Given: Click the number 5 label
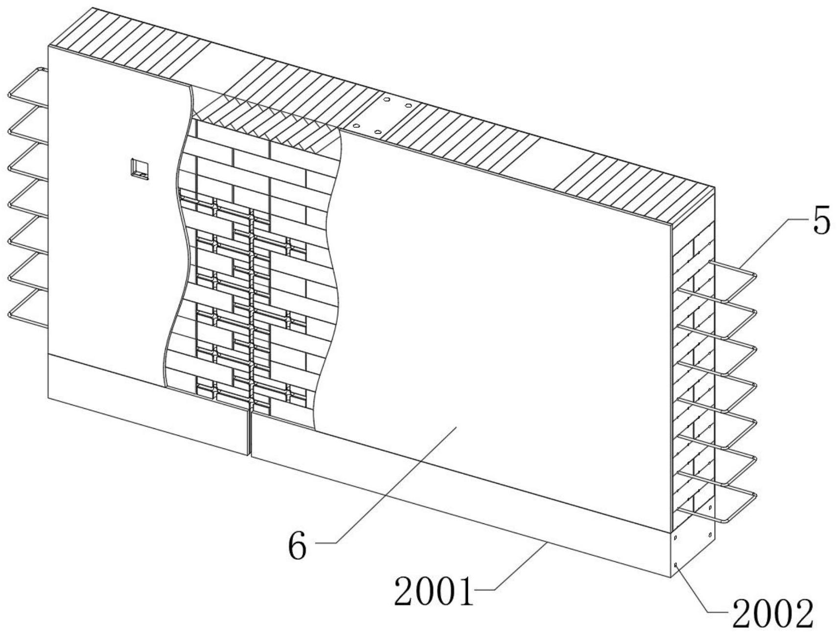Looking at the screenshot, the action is [x=821, y=222].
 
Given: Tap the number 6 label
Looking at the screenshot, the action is [x=298, y=546].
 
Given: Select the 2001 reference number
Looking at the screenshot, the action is [x=434, y=591].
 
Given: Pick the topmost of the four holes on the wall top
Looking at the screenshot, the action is [x=387, y=99].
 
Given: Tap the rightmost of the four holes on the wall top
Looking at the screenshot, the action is [x=408, y=105].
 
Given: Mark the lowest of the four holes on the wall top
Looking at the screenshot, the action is [x=377, y=132].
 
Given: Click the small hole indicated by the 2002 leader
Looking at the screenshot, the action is [x=676, y=565].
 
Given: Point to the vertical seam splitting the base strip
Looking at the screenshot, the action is [x=250, y=433].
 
